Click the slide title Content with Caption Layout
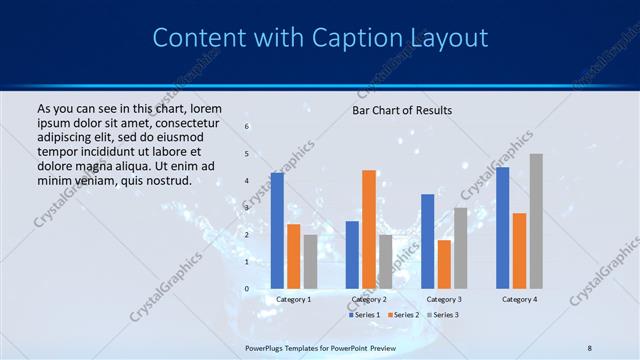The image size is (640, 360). tap(320, 38)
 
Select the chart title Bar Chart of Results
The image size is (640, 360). tap(402, 110)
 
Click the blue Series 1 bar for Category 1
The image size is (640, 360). tap(277, 231)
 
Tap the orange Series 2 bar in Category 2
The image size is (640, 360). tap(369, 229)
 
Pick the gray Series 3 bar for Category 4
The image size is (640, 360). tap(536, 221)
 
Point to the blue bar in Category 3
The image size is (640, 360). tap(428, 241)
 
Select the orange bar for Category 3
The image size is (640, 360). tap(444, 264)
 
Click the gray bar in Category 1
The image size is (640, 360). tap(310, 261)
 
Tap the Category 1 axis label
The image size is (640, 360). tap(294, 299)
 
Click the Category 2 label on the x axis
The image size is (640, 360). tap(369, 299)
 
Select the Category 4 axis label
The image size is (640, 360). tap(519, 299)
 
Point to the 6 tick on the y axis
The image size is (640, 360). tap(247, 127)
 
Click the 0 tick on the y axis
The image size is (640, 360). tap(247, 289)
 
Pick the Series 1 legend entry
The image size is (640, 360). tap(364, 315)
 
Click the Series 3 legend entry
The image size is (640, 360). tap(443, 315)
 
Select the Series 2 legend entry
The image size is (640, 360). tap(403, 315)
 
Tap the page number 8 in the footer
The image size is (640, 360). tap(590, 347)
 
